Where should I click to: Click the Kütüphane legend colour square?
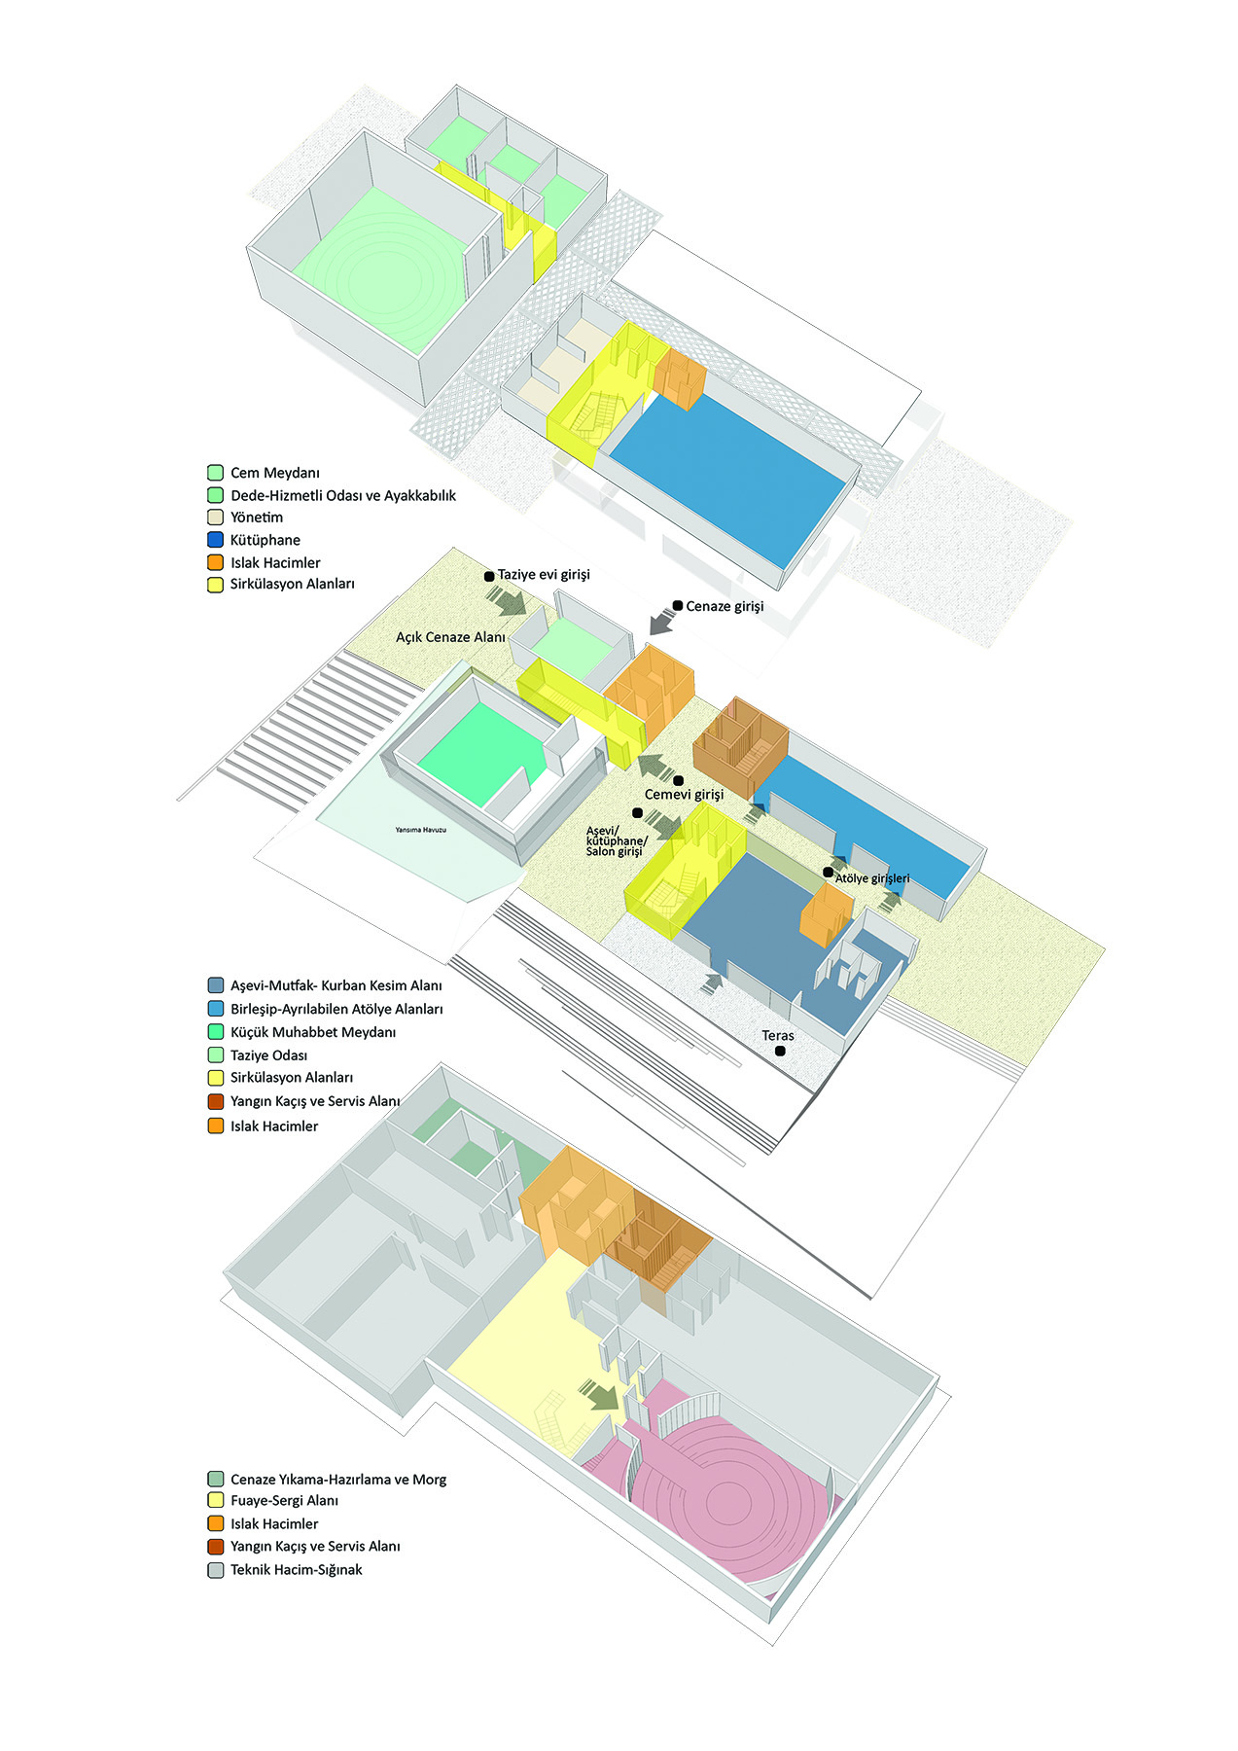[215, 540]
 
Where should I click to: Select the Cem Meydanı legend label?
[274, 473]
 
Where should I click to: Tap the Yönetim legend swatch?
[215, 518]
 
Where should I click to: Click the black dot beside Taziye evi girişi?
[489, 576]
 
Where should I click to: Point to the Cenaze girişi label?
[725, 606]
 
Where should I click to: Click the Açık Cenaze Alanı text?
[450, 637]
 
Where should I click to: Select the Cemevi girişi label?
[684, 795]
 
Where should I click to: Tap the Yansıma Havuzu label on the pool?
[420, 830]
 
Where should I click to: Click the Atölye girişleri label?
[872, 878]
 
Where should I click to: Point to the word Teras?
[778, 1035]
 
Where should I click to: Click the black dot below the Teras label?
[780, 1052]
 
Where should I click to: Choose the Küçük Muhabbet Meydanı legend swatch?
[215, 1032]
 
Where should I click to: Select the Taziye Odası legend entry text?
[268, 1055]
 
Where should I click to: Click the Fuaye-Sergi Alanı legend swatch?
[215, 1501]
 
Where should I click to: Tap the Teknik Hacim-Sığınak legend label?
[296, 1570]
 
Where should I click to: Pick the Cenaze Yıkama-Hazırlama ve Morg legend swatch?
[215, 1479]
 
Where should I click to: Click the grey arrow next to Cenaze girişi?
[662, 620]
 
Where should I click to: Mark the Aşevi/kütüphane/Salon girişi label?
[616, 841]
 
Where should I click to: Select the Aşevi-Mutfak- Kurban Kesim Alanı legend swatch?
[215, 985]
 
